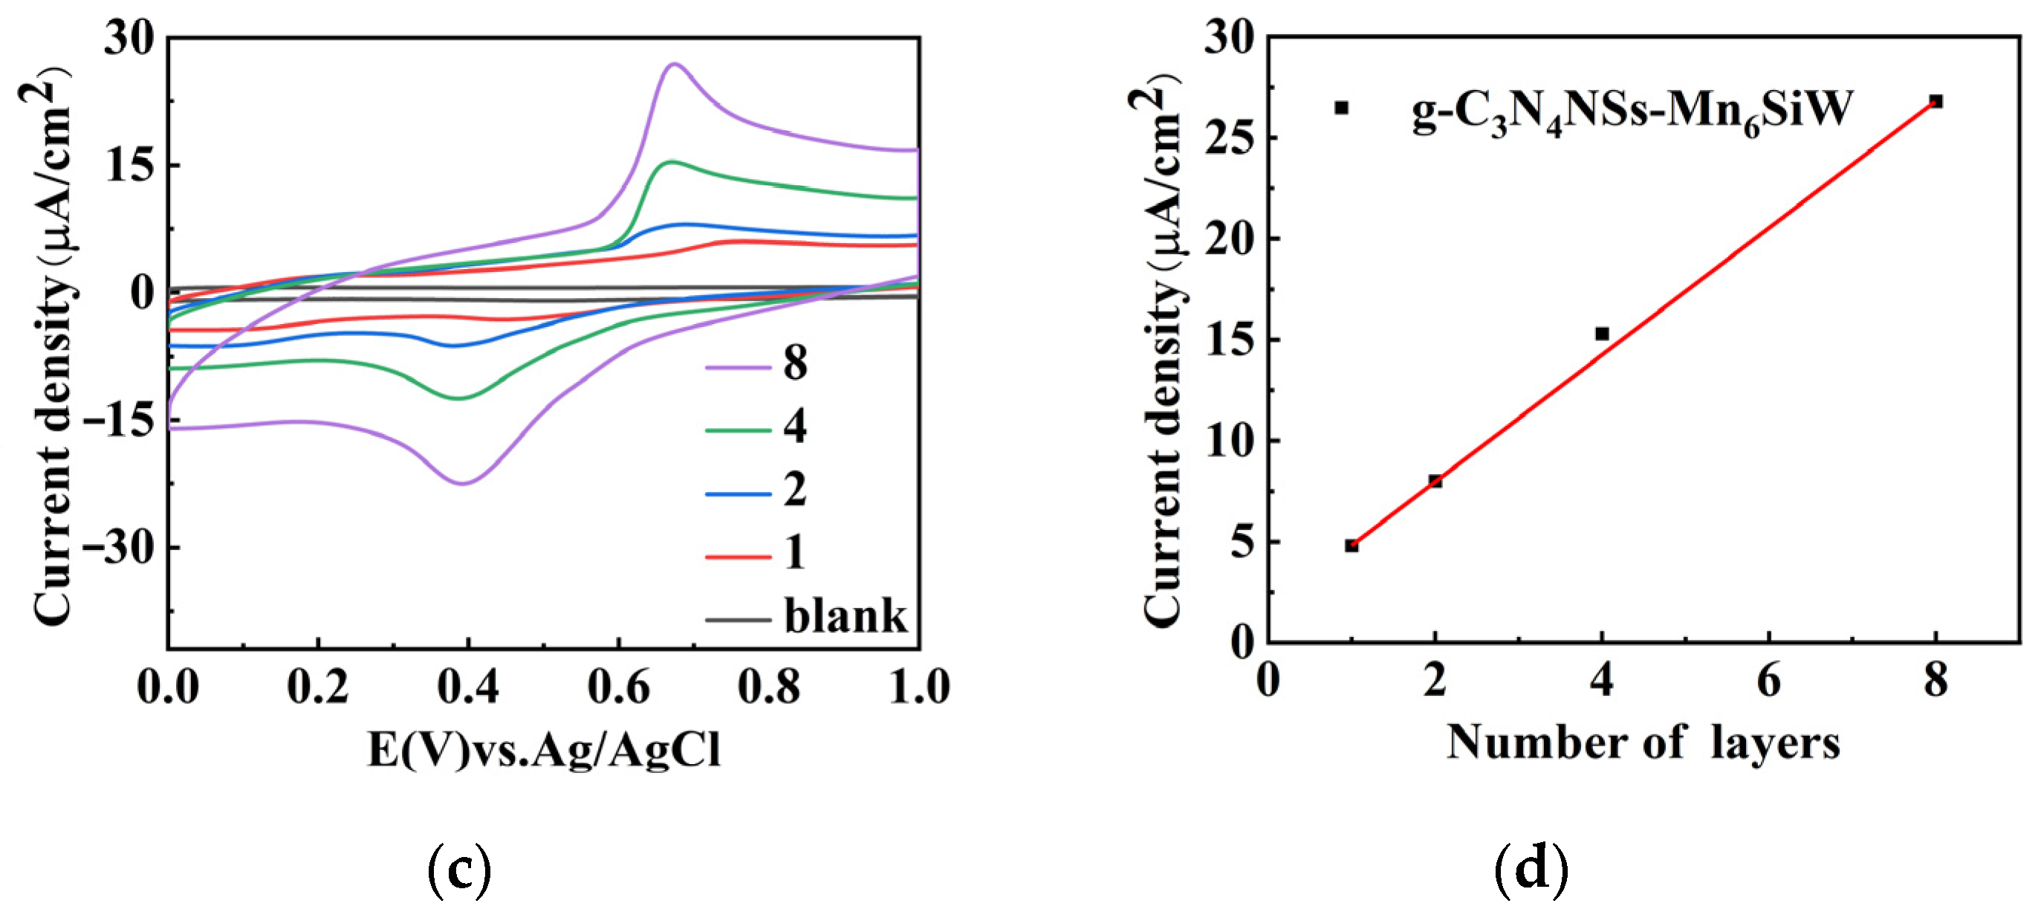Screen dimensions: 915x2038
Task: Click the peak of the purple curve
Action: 674,64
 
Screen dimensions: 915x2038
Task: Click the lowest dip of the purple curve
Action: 462,483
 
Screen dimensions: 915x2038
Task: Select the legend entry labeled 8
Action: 794,363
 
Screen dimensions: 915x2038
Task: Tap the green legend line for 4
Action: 738,430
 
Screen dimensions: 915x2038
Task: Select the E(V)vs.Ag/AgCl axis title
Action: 545,749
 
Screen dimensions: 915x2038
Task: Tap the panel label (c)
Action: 459,869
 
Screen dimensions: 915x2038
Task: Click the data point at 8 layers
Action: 1935,101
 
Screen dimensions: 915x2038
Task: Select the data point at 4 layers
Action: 1602,333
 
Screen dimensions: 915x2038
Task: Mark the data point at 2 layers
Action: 1435,480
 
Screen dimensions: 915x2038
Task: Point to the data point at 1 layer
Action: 1351,546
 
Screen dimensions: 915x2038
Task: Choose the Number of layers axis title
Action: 1643,743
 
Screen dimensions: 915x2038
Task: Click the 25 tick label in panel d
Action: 1228,138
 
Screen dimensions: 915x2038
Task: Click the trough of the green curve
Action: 459,398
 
